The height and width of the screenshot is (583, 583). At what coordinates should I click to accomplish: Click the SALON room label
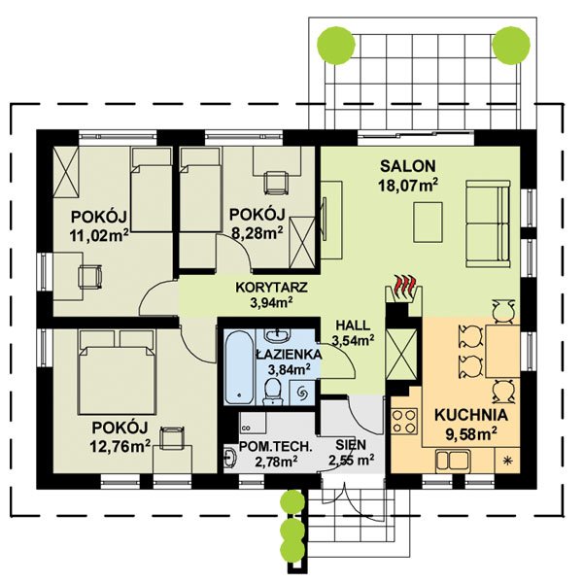pyautogui.click(x=407, y=166)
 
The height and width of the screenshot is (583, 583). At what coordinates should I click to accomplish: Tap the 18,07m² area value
pyautogui.click(x=408, y=186)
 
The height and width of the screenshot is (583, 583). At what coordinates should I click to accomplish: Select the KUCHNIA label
pyautogui.click(x=471, y=415)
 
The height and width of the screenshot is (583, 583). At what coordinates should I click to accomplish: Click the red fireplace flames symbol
pyautogui.click(x=404, y=286)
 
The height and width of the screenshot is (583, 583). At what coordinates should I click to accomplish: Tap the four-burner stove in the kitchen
pyautogui.click(x=404, y=421)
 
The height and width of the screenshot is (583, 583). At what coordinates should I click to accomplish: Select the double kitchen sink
pyautogui.click(x=453, y=460)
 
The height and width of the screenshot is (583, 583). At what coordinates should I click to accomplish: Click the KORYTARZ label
pyautogui.click(x=271, y=288)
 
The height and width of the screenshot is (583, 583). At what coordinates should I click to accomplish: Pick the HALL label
pyautogui.click(x=353, y=326)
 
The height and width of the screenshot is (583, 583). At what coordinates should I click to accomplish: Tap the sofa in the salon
pyautogui.click(x=488, y=223)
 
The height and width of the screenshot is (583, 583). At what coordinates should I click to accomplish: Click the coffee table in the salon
pyautogui.click(x=428, y=223)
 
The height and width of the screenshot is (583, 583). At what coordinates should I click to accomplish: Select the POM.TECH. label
pyautogui.click(x=274, y=446)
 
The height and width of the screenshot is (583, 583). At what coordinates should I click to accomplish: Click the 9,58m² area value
pyautogui.click(x=471, y=433)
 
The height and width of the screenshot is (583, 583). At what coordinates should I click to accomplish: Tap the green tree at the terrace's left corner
pyautogui.click(x=336, y=45)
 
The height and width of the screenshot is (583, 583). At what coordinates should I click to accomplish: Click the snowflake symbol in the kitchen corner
pyautogui.click(x=506, y=461)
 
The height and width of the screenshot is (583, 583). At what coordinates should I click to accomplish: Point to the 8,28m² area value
pyautogui.click(x=257, y=233)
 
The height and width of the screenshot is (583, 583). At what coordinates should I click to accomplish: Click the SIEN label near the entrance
pyautogui.click(x=351, y=445)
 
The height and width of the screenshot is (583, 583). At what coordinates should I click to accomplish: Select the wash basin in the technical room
pyautogui.click(x=230, y=457)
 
